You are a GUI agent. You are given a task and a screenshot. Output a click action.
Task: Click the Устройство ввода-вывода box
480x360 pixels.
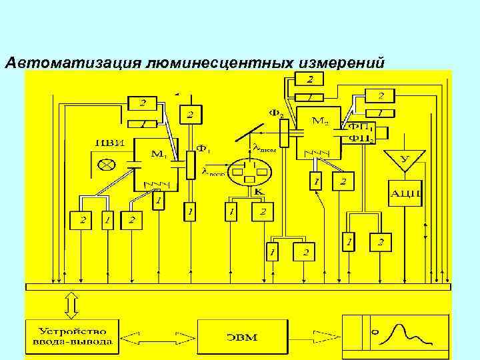pyautogui.click(x=71, y=337)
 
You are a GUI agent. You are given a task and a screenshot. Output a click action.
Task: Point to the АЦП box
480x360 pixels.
pyautogui.click(x=405, y=193)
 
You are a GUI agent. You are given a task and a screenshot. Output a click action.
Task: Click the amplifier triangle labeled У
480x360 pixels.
pyautogui.click(x=403, y=161)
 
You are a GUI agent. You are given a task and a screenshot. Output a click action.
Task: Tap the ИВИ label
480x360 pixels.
pyautogui.click(x=107, y=142)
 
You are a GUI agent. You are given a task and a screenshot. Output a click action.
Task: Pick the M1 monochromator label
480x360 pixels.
pyautogui.click(x=159, y=155)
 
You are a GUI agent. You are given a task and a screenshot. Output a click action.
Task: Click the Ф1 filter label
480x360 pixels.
pyautogui.click(x=204, y=149)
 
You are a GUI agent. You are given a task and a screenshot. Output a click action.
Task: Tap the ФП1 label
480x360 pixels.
pyautogui.click(x=360, y=127)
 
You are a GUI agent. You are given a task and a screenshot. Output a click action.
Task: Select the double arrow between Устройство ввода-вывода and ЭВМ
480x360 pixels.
pyautogui.click(x=157, y=337)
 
